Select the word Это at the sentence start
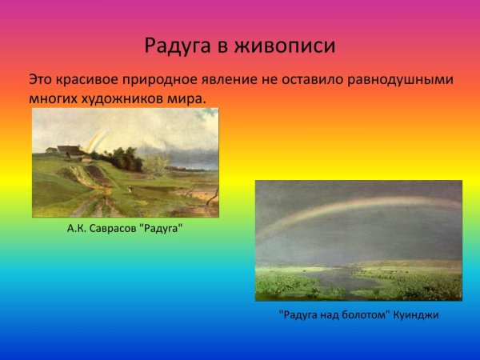pos(41,80)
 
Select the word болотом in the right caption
pos(363,315)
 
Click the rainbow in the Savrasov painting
pos(95,140)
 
